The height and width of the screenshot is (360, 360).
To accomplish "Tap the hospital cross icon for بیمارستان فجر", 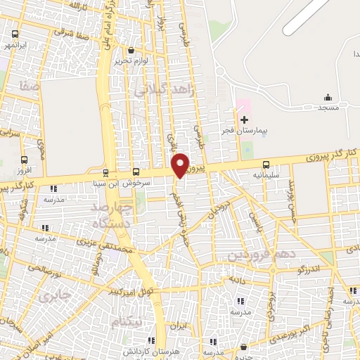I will (x=244, y=120).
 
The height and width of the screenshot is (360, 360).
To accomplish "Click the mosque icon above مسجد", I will (x=328, y=97).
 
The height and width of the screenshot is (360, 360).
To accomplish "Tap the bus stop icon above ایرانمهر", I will (x=15, y=34).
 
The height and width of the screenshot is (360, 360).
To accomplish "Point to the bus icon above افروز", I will (x=25, y=160).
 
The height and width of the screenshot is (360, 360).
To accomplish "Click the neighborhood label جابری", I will (x=57, y=295).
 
